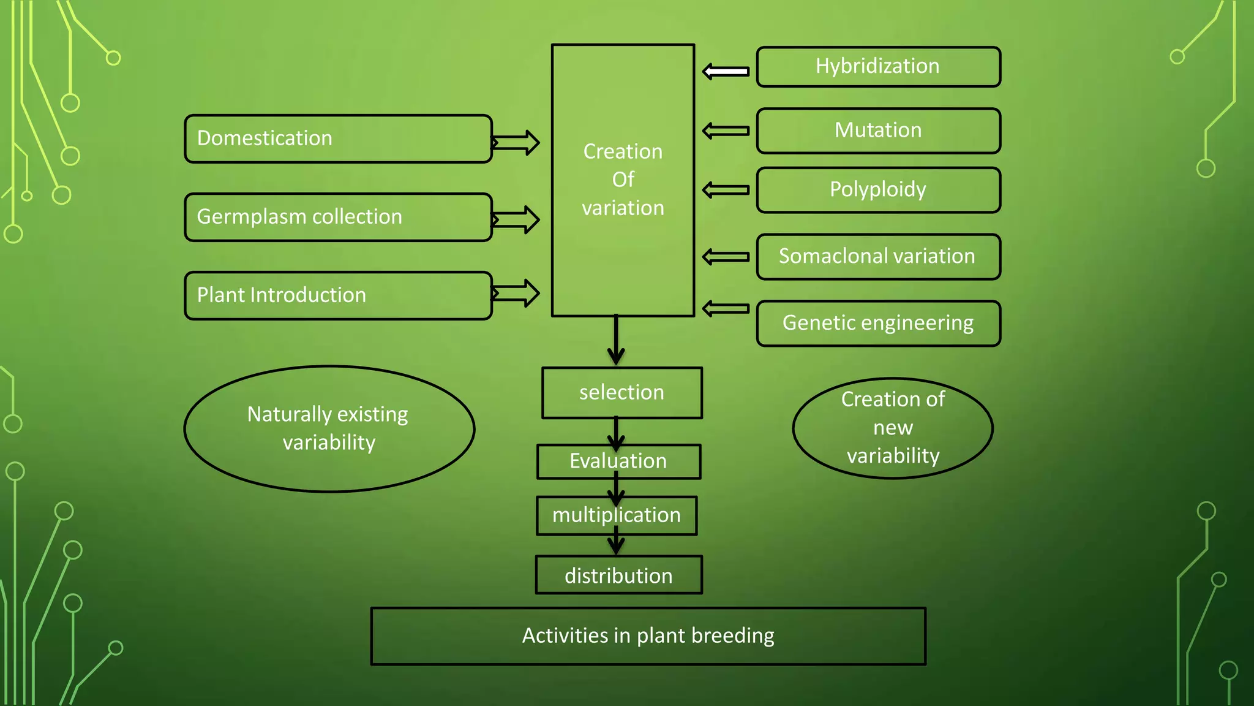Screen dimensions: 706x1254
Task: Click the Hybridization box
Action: [x=878, y=67]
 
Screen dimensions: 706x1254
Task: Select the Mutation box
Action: [x=878, y=131]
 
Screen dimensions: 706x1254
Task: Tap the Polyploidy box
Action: [x=878, y=190]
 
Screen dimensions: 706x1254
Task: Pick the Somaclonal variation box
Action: [x=878, y=257]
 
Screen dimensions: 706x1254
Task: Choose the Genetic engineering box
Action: [x=878, y=323]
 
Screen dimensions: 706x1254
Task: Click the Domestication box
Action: [x=338, y=139]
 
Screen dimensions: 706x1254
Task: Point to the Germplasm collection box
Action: [x=338, y=217]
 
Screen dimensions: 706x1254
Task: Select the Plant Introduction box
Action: [x=338, y=295]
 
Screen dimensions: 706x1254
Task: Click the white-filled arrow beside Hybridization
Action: [x=726, y=72]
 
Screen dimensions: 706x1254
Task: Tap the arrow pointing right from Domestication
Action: [x=516, y=143]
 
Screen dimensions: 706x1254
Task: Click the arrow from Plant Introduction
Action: [x=516, y=293]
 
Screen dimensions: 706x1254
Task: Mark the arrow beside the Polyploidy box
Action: [x=726, y=190]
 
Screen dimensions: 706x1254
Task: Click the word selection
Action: [x=621, y=392]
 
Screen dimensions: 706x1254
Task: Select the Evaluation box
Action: [x=618, y=461]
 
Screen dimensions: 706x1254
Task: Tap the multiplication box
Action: [x=617, y=515]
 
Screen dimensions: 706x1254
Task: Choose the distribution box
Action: [x=618, y=575]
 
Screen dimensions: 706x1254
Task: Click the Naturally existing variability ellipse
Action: [x=329, y=428]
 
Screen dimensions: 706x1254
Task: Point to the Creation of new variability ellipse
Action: [x=893, y=428]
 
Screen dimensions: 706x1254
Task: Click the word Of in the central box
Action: [x=623, y=180]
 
